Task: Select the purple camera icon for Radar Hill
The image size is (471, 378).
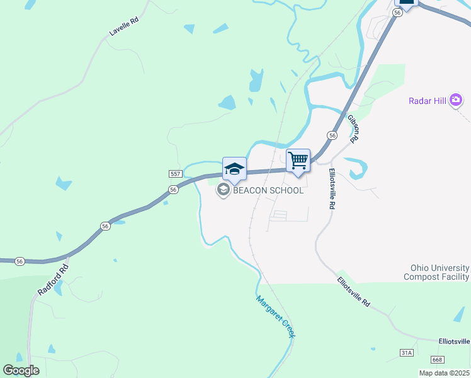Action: tap(456, 100)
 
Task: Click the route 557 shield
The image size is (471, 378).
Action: tap(176, 173)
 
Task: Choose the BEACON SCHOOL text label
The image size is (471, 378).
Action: tap(268, 190)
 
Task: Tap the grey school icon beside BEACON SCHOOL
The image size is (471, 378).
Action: tap(222, 190)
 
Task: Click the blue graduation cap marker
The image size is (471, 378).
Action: tap(234, 169)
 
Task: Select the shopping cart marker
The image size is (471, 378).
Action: tap(298, 160)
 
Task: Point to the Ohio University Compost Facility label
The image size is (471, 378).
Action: tap(436, 272)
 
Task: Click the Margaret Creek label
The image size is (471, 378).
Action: tap(275, 317)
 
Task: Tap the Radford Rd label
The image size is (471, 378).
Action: tap(52, 279)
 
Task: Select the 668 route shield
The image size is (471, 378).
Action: tap(437, 359)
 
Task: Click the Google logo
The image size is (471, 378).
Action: tap(21, 370)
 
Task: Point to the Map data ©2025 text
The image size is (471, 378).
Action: tap(444, 373)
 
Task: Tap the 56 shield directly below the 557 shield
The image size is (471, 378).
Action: tap(173, 189)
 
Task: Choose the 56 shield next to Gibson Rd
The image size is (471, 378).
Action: tap(331, 135)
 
